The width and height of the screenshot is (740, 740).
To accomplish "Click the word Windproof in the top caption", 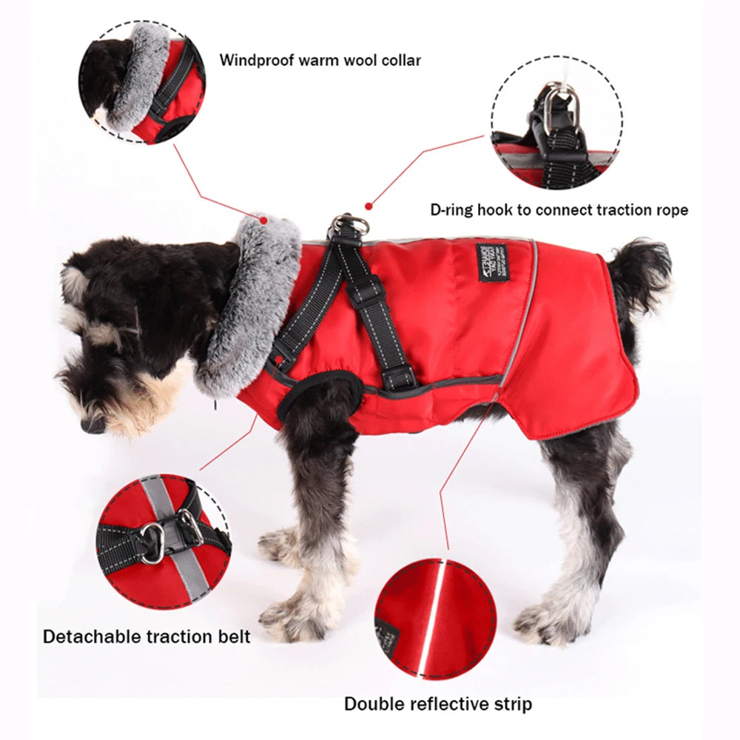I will (x=256, y=60).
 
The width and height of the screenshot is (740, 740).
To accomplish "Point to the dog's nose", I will (x=93, y=424).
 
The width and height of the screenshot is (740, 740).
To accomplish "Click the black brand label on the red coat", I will (x=492, y=262).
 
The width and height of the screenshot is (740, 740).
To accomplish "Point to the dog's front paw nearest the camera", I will (x=296, y=618).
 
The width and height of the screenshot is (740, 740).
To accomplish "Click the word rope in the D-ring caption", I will (x=669, y=210).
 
